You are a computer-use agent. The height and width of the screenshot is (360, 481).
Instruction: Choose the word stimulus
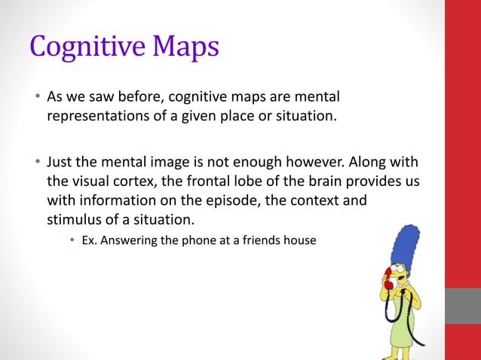[75, 220]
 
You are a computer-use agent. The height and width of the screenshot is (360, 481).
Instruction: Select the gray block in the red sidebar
[463, 306]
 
